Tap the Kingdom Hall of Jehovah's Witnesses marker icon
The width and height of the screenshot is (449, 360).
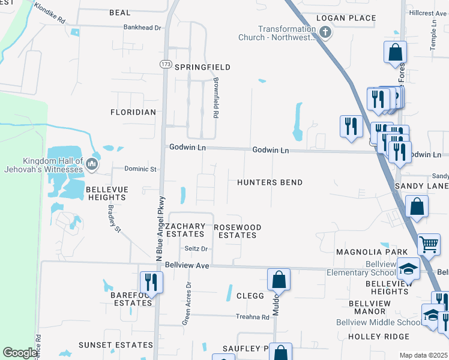pos(91,163)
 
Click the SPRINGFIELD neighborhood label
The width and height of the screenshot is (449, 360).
pos(202,67)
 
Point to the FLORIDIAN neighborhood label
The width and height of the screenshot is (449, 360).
pos(133,112)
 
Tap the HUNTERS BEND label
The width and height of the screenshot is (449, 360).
pos(270,182)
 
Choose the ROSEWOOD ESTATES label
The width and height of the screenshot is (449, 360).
pos(238,231)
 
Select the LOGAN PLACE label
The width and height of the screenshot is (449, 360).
pos(345,18)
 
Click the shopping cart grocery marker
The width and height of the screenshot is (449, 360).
pos(429,244)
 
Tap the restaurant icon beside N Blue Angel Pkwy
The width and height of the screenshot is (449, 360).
pos(151,282)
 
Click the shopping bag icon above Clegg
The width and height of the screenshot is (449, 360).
pos(279,279)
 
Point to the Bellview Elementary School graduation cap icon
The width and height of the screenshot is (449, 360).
pos(409,268)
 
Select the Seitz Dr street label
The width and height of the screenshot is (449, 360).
pos(196,248)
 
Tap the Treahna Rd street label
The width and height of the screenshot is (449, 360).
pos(252,317)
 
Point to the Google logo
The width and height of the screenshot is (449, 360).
pos(19,353)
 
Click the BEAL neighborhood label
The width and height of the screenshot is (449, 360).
pos(120,13)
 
